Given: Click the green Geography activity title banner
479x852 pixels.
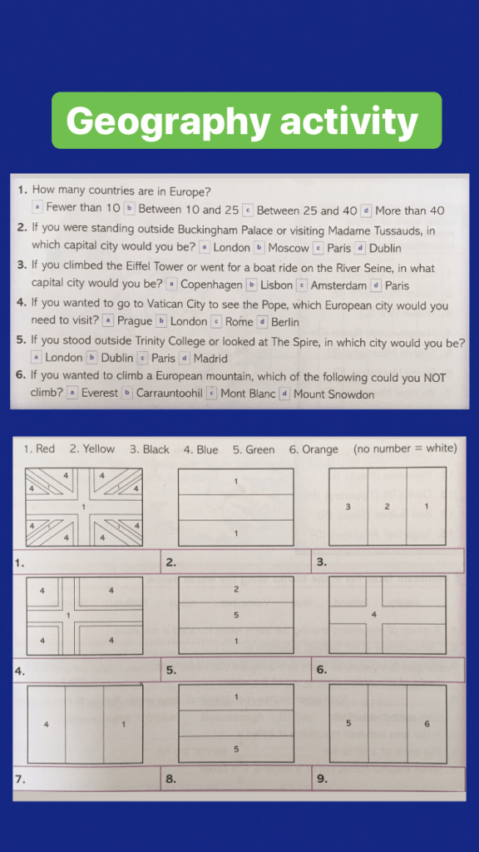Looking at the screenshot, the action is [x=246, y=120].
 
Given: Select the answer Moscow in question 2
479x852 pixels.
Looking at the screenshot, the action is [x=289, y=248].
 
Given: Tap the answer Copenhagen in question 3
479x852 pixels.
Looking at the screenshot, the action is [x=211, y=285].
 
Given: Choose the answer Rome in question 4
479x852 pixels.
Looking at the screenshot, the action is [x=239, y=322].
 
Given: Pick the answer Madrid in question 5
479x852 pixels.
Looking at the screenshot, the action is [x=210, y=359].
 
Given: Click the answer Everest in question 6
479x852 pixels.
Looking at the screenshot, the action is [x=100, y=394].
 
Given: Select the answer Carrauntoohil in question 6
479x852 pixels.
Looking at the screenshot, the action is [x=170, y=394].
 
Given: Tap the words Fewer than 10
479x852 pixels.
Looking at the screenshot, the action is [x=83, y=208].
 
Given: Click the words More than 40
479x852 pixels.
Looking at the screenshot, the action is [x=410, y=211].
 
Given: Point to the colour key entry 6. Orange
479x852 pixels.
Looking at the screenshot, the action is [x=314, y=449].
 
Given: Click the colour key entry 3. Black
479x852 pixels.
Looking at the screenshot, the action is [x=150, y=449].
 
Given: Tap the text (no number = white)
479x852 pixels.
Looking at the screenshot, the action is [x=405, y=448].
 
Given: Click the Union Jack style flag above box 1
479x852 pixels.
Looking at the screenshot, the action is [x=84, y=507].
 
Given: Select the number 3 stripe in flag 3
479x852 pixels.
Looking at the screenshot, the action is [x=348, y=507].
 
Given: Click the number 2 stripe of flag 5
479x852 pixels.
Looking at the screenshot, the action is [x=236, y=590].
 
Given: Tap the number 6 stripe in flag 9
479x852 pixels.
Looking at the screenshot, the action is [x=427, y=724].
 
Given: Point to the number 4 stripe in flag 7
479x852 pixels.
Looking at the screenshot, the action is [x=47, y=724].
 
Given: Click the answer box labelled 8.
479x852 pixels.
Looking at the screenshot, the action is [x=236, y=779].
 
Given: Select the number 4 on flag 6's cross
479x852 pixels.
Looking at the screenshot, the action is [x=373, y=615].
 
